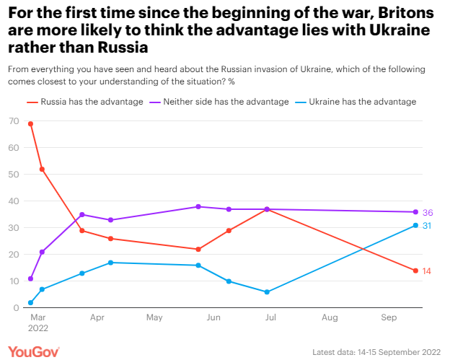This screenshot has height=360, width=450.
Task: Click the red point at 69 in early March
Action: coord(30,123)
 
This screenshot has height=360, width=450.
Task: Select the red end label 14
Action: coord(427,271)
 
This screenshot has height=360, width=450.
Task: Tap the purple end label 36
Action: coord(427,212)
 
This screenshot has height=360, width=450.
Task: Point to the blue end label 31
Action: coord(427,226)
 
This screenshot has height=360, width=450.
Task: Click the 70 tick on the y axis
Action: coord(14,120)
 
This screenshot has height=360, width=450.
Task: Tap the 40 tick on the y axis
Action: coord(14,201)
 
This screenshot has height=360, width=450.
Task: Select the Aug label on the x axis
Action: coord(330,317)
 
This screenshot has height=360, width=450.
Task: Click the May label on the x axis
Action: coord(154,317)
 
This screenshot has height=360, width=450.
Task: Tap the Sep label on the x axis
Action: coord(388,317)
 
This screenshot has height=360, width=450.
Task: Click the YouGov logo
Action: coord(35,351)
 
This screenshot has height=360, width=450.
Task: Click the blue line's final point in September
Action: coord(415,225)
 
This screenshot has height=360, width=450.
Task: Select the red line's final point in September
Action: coord(415,271)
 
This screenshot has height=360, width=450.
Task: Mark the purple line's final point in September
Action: coord(415,212)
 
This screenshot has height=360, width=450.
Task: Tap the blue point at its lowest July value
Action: coord(267,292)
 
